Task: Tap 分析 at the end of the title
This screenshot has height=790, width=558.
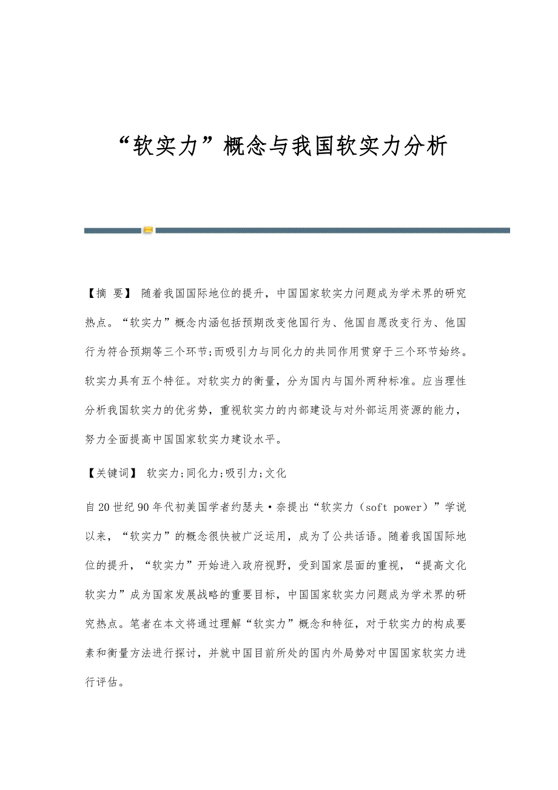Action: coord(426,146)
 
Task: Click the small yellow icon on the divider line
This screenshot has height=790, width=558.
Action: coord(148,230)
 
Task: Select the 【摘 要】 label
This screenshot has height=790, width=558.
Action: coord(108,293)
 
